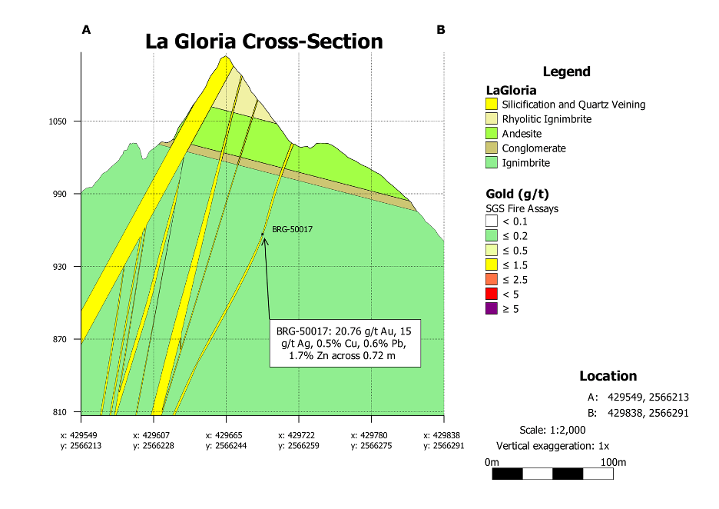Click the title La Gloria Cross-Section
click(263, 42)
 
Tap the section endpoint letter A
click(86, 30)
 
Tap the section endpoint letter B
click(441, 30)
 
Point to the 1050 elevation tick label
click(58, 121)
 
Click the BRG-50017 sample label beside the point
click(292, 229)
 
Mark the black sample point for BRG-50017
click(263, 234)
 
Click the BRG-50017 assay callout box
click(345, 344)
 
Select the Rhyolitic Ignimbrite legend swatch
click(492, 119)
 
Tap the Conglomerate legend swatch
click(492, 148)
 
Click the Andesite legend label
click(522, 134)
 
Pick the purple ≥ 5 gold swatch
click(492, 308)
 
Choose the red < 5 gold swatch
click(492, 294)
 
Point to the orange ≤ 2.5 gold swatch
click(492, 279)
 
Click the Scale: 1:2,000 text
click(552, 430)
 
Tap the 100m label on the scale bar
click(613, 462)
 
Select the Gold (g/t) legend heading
click(517, 195)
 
